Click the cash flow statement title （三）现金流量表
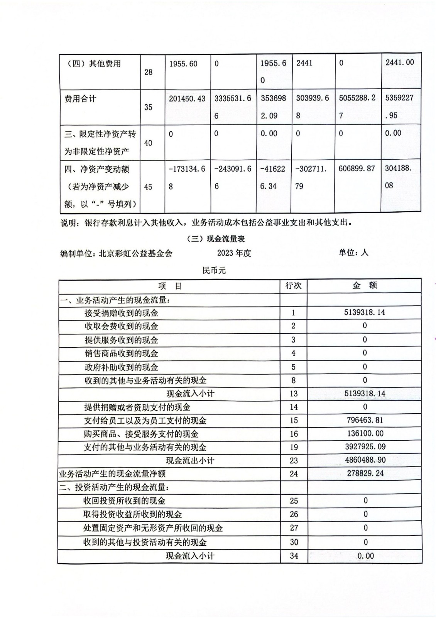click(x=216, y=239)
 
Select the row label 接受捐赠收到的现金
click(x=121, y=313)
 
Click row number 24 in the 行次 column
click(x=294, y=474)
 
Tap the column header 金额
click(x=365, y=285)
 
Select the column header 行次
click(x=293, y=286)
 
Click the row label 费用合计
click(x=80, y=99)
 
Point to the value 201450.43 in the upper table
click(x=187, y=99)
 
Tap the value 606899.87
click(x=357, y=169)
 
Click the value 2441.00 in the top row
click(x=400, y=63)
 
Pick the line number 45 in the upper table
click(x=148, y=187)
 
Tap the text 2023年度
click(x=234, y=253)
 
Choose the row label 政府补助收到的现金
click(x=121, y=367)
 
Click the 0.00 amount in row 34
click(x=365, y=556)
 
